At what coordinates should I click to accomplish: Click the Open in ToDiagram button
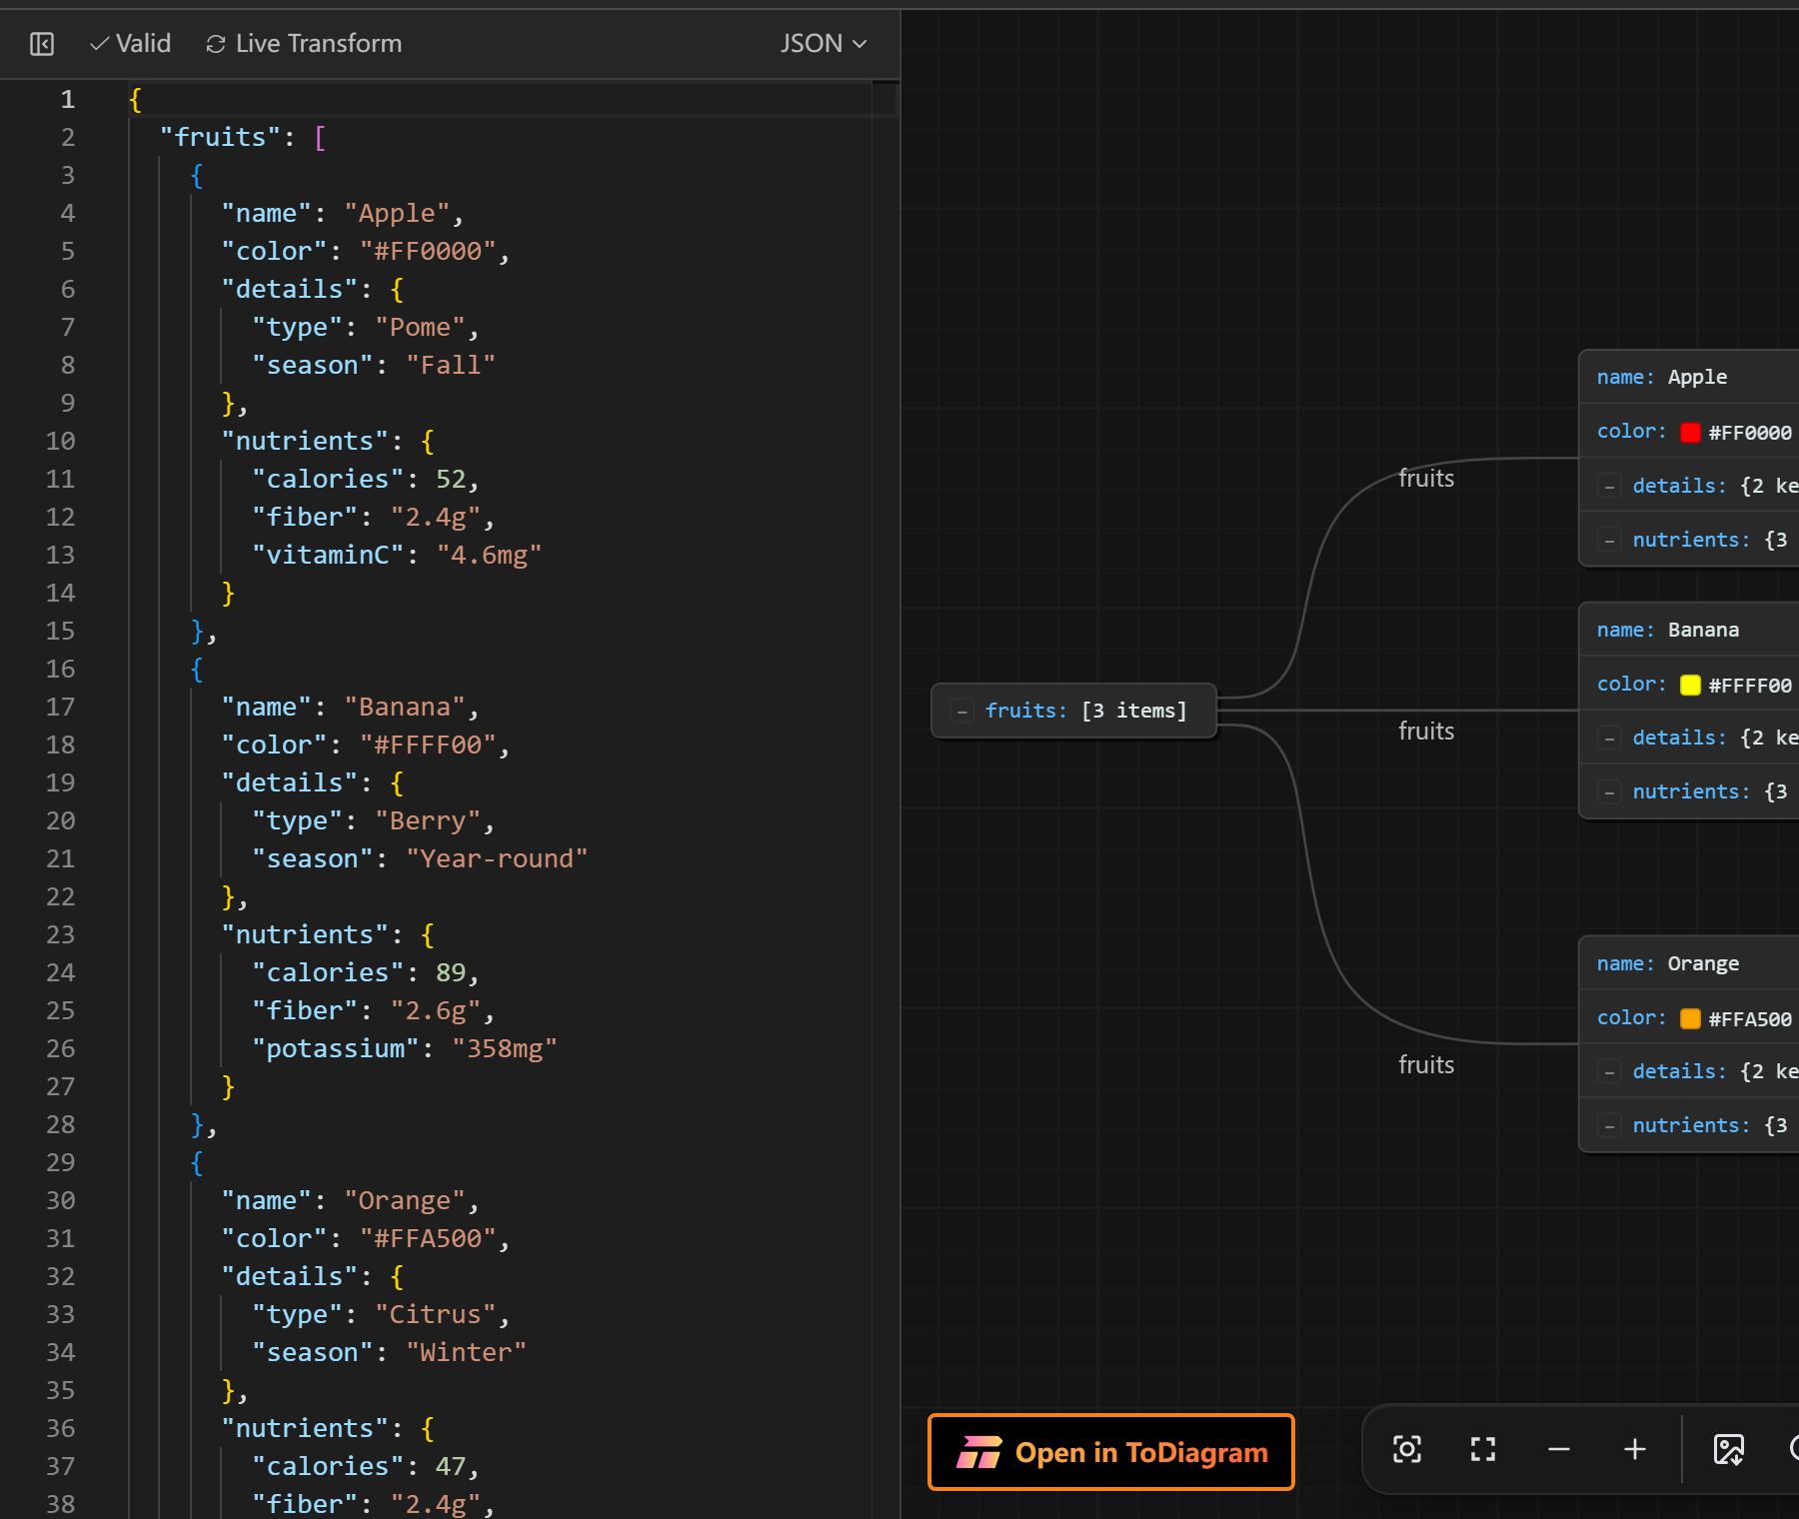point(1110,1452)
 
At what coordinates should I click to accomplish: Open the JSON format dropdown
point(824,44)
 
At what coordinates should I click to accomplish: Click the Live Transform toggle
point(304,44)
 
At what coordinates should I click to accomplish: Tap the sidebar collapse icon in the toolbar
point(42,44)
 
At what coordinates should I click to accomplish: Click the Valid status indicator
point(131,44)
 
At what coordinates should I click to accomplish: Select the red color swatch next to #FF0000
point(1690,433)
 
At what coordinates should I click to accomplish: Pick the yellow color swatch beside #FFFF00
point(1690,685)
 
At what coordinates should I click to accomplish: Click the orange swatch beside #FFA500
point(1690,1018)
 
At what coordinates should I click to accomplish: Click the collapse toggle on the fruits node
point(962,712)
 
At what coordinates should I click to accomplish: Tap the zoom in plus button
point(1635,1449)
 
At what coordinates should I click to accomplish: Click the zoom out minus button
point(1559,1449)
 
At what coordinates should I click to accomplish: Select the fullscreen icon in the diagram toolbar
point(1483,1449)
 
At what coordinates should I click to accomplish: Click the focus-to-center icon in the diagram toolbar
point(1407,1449)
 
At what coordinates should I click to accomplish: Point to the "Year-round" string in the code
point(497,858)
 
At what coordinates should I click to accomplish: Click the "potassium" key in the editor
point(336,1048)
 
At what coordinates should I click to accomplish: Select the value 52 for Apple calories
point(451,479)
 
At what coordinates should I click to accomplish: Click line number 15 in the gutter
point(60,631)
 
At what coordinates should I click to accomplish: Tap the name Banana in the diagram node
point(1703,630)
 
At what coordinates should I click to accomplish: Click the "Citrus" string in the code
point(436,1314)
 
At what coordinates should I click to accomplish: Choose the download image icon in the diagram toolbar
point(1729,1449)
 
